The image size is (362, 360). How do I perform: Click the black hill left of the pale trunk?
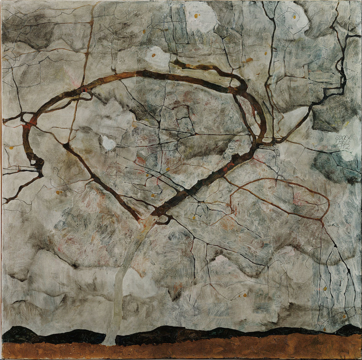(54, 335)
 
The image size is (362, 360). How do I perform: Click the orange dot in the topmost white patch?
(197, 16)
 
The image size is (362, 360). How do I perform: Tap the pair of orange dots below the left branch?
(59, 192)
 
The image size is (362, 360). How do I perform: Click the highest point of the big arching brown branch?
(149, 72)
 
